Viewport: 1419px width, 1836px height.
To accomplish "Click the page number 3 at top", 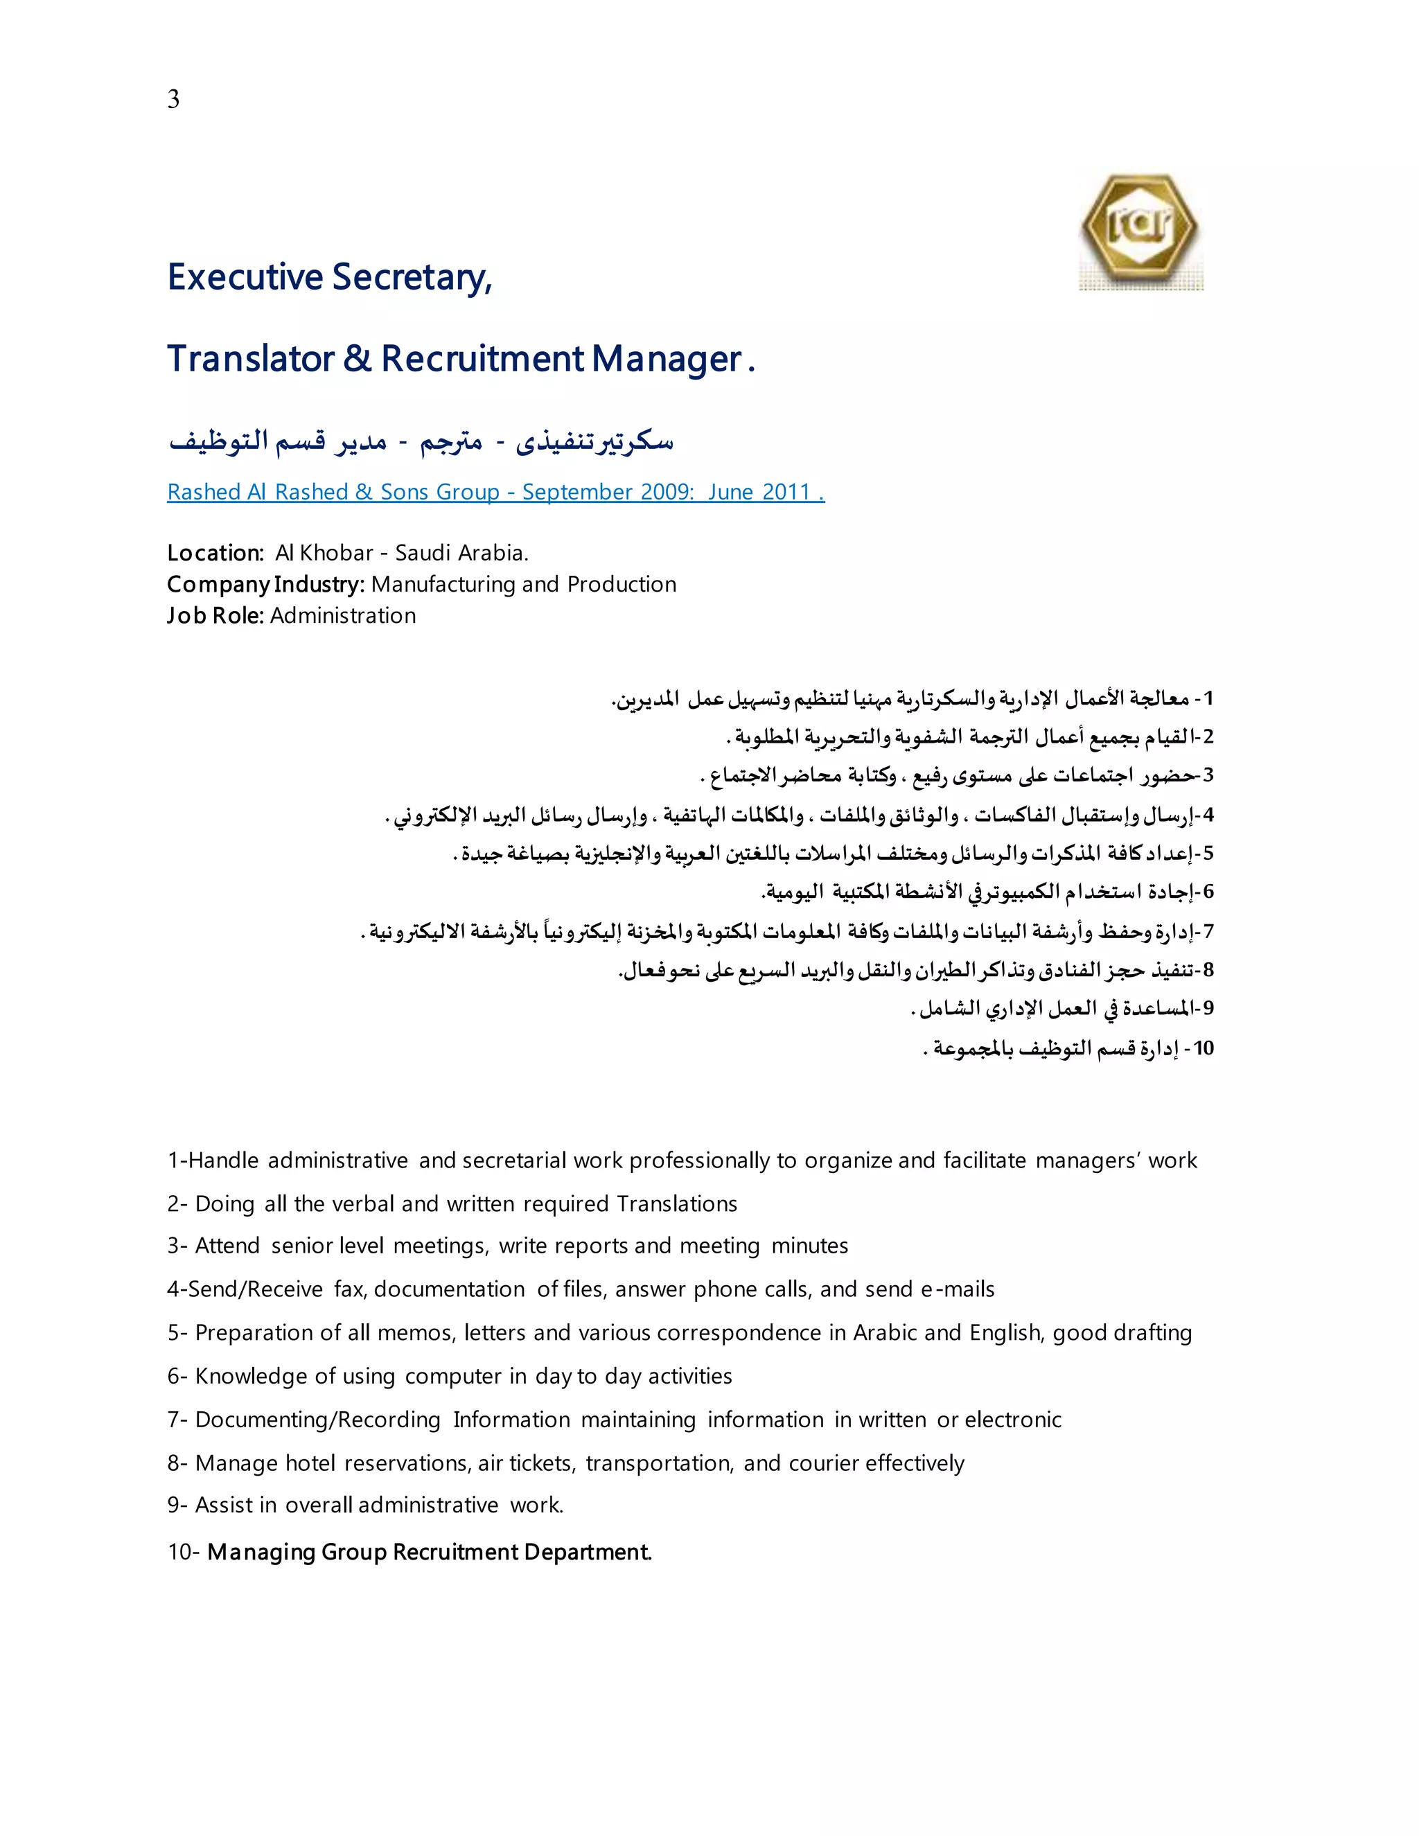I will point(173,99).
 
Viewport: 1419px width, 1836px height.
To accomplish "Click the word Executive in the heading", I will point(245,277).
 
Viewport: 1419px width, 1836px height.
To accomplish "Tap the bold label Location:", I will point(216,553).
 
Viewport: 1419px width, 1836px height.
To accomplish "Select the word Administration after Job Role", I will point(343,616).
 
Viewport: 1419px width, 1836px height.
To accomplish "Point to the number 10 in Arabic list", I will point(1203,1048).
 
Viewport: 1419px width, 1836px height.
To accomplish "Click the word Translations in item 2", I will point(677,1204).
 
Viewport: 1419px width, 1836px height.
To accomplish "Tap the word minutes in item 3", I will point(809,1246).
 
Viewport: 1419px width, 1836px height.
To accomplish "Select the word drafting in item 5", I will point(1151,1333).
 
